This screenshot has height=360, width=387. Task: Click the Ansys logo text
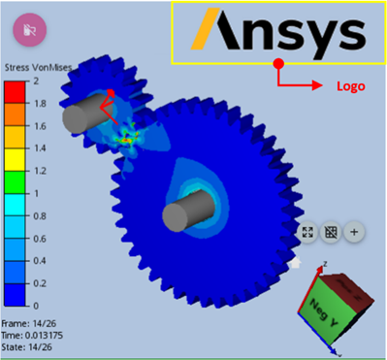(278, 33)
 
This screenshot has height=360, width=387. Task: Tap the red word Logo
(351, 86)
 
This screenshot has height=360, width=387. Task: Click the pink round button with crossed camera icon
(30, 30)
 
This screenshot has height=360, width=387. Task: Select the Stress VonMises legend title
(38, 68)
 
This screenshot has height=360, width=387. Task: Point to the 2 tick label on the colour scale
(36, 81)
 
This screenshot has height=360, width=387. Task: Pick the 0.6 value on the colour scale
(40, 239)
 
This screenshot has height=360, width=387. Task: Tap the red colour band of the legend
(15, 92)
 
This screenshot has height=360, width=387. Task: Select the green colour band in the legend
(15, 182)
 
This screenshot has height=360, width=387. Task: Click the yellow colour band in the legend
(15, 160)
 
